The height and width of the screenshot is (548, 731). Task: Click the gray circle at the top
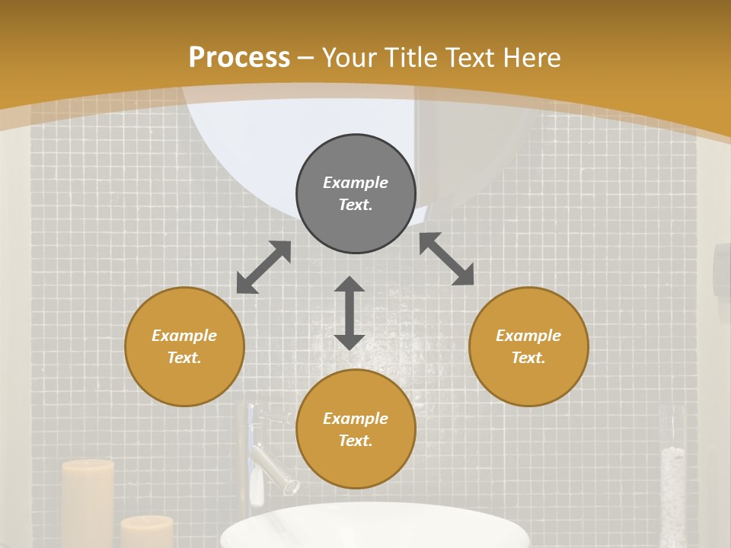click(356, 194)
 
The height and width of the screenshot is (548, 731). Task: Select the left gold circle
click(184, 346)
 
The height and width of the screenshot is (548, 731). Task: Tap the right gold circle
click(528, 346)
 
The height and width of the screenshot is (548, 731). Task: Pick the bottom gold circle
click(356, 429)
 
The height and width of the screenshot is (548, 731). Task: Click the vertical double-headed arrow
click(350, 313)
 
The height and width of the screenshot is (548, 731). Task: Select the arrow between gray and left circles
click(263, 267)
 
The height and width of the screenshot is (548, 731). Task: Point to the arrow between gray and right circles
click(447, 259)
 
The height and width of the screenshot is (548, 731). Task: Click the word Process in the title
click(239, 57)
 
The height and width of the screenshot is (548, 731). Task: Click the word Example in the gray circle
click(356, 183)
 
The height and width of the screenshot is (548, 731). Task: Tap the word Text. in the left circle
click(184, 358)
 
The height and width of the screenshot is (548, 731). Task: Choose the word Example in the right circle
click(528, 336)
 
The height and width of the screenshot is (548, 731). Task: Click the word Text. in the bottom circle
click(356, 441)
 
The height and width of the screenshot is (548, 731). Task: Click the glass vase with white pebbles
click(672, 487)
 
